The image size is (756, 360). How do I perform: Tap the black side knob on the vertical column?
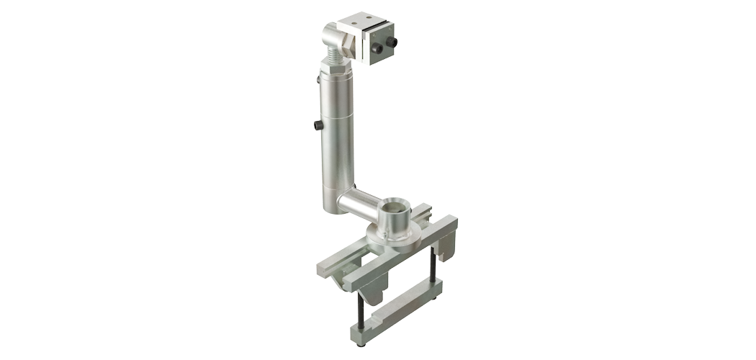[x=318, y=125]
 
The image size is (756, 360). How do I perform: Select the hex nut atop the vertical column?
[x=336, y=70]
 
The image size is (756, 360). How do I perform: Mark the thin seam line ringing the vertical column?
[x=335, y=116]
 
